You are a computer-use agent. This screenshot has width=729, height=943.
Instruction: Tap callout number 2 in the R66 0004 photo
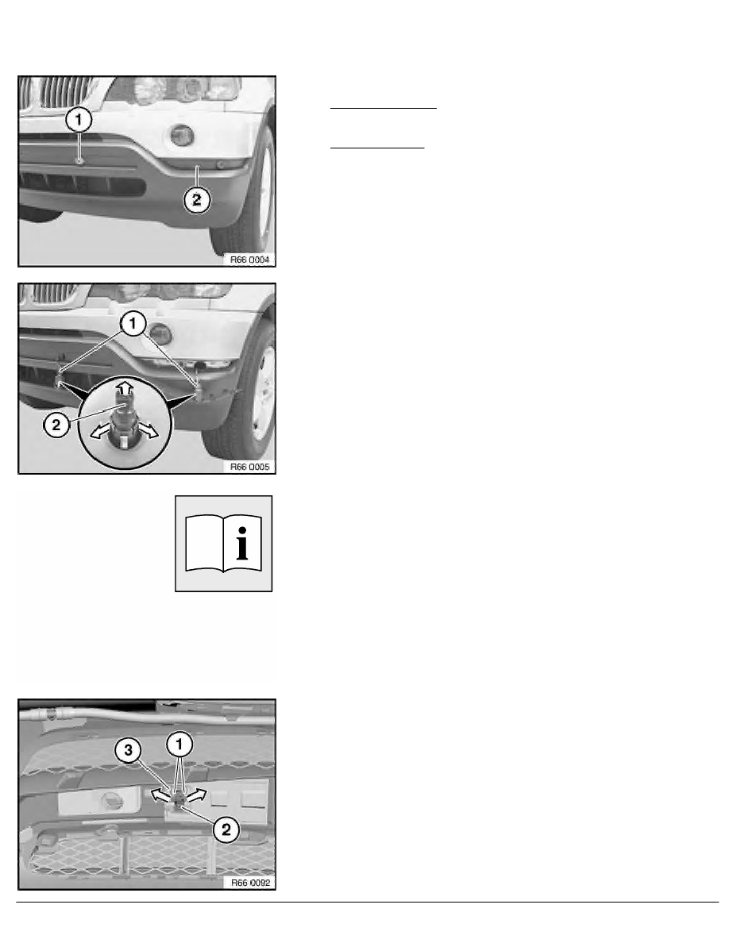198,202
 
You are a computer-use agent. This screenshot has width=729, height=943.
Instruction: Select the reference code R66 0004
249,260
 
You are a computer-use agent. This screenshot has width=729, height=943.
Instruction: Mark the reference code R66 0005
249,468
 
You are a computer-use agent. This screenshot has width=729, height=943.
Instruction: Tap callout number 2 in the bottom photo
226,830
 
